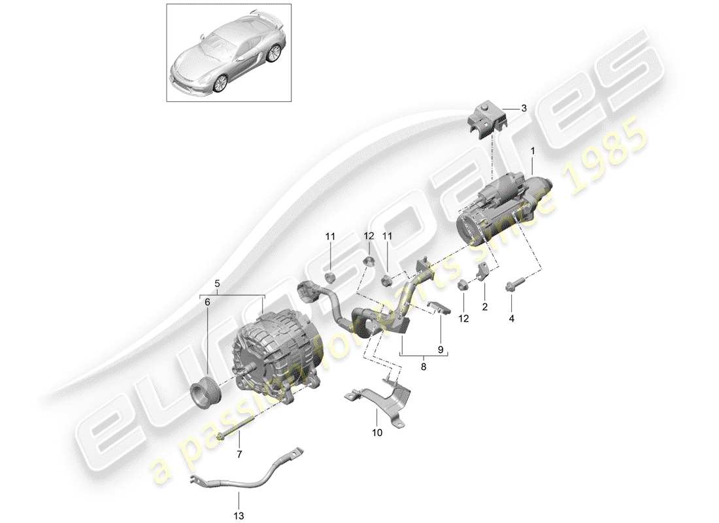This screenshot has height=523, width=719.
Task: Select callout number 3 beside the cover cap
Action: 523,109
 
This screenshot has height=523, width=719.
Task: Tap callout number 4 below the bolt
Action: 512,319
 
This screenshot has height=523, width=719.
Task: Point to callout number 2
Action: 484,305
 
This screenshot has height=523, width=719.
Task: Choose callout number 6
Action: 207,302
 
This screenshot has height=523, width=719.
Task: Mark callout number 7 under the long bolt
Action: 239,454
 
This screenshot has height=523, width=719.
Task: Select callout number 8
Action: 423,368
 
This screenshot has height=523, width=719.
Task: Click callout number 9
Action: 440,350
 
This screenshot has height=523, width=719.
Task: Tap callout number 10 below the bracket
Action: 377,432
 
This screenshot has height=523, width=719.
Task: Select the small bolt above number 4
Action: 510,285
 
